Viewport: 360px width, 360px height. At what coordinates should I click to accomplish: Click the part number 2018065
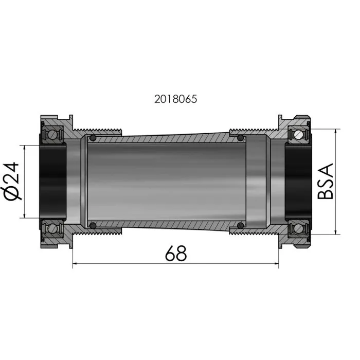pyautogui.click(x=176, y=99)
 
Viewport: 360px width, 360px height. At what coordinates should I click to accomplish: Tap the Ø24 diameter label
pyautogui.click(x=11, y=182)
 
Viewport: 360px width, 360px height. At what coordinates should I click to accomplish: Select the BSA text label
pyautogui.click(x=325, y=181)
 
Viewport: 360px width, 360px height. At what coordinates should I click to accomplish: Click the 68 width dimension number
pyautogui.click(x=176, y=254)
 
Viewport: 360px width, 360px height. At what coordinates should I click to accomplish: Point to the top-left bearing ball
pyautogui.click(x=52, y=134)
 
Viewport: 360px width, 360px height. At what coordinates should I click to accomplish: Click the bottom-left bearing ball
pyautogui.click(x=52, y=228)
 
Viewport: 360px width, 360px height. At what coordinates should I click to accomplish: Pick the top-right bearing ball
pyautogui.click(x=298, y=134)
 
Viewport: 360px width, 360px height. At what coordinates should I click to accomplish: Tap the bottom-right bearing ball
pyautogui.click(x=298, y=228)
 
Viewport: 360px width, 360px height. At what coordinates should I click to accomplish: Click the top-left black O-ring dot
pyautogui.click(x=93, y=138)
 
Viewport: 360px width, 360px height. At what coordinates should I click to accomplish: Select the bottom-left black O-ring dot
pyautogui.click(x=93, y=225)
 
